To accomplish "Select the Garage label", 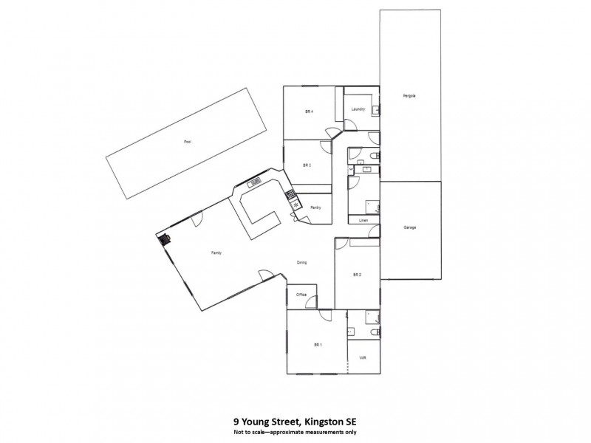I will tap(410, 227).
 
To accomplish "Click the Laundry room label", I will tap(359, 110).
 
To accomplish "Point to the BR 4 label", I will tap(310, 111).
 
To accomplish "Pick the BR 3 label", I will tap(307, 165).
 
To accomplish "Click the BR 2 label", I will tap(357, 275).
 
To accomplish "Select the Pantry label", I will tap(315, 207).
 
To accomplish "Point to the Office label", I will tap(301, 295).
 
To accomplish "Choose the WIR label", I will tap(363, 357).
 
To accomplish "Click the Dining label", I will tap(302, 262).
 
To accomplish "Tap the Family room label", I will tap(216, 253).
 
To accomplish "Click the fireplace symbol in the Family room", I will tap(164, 238).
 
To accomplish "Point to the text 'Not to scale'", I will tap(251, 432).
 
